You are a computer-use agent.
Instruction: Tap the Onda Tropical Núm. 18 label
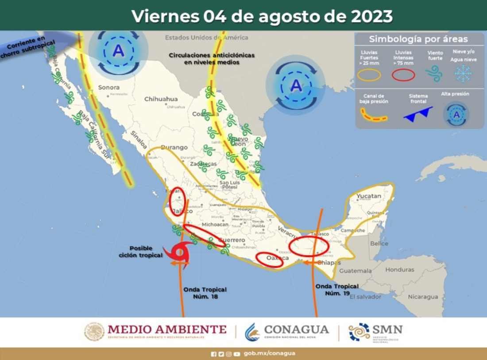click(x=205, y=293)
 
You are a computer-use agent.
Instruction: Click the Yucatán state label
click(x=369, y=196)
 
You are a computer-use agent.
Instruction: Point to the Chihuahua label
click(x=161, y=99)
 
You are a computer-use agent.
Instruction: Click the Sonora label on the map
click(x=109, y=87)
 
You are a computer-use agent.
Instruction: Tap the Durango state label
click(x=174, y=147)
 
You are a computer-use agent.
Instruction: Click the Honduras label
click(x=400, y=269)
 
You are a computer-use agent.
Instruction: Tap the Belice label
click(x=379, y=244)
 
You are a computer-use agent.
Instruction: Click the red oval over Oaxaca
click(x=269, y=260)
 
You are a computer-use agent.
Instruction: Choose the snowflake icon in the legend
click(x=463, y=73)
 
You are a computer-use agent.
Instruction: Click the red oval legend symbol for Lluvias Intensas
click(x=403, y=75)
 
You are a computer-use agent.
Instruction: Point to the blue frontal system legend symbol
click(x=418, y=113)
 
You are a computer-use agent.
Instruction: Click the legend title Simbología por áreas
click(x=418, y=39)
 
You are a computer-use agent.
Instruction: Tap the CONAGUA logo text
click(x=297, y=329)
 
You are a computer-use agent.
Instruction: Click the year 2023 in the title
click(x=371, y=16)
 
